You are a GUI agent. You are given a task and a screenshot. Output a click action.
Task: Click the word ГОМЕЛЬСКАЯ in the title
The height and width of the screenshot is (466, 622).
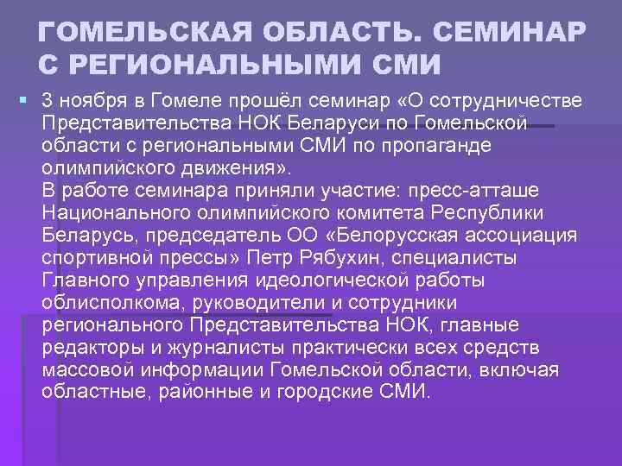[135, 33]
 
